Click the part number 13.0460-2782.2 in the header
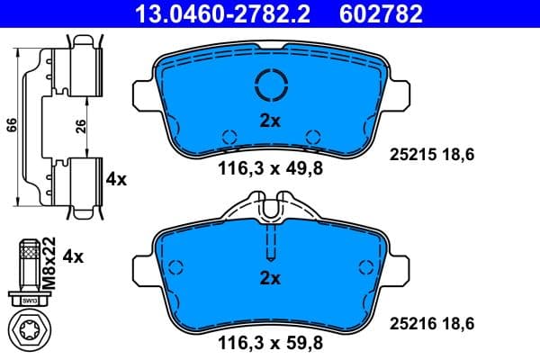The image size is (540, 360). tap(226, 13)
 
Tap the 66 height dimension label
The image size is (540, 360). tap(11, 124)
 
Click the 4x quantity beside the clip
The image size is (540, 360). tap(116, 179)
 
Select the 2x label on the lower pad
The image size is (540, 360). tap(270, 278)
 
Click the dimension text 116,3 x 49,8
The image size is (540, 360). tap(269, 166)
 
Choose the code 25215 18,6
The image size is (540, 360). tap(431, 155)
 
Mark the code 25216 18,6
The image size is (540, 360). tap(431, 322)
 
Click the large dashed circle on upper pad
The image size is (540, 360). tap(270, 85)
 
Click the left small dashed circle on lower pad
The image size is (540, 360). tap(175, 266)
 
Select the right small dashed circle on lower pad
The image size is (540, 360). tap(364, 266)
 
